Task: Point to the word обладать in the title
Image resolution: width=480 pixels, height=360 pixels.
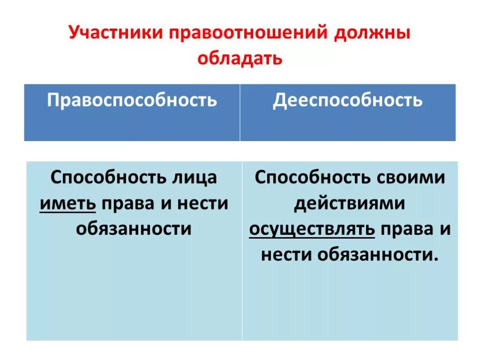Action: (x=240, y=58)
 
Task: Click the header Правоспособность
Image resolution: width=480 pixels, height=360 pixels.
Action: (x=132, y=100)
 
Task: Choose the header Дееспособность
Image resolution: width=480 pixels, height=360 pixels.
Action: (x=348, y=100)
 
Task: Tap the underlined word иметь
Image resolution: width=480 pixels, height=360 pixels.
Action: (x=68, y=203)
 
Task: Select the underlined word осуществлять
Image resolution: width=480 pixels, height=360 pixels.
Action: (x=312, y=229)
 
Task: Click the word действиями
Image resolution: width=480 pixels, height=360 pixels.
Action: (x=349, y=203)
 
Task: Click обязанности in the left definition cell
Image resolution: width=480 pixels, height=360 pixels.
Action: (x=134, y=229)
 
